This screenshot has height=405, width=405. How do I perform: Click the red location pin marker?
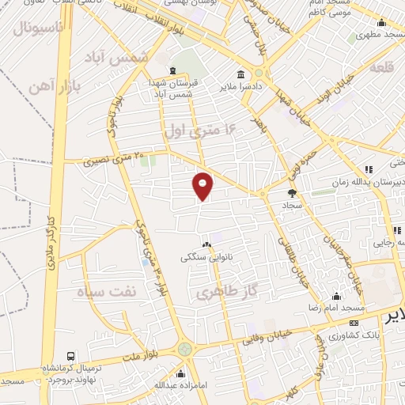pyautogui.click(x=203, y=185)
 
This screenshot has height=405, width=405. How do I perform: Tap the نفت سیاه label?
pyautogui.click(x=107, y=291)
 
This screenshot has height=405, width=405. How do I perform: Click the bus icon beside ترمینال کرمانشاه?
pyautogui.click(x=71, y=358)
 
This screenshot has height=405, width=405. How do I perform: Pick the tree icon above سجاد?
pyautogui.click(x=292, y=192)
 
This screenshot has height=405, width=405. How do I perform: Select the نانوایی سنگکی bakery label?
pyautogui.click(x=207, y=257)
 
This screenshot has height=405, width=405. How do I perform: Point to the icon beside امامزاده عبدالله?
pyautogui.click(x=181, y=373)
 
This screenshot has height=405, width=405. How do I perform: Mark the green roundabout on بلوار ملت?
pyautogui.click(x=184, y=347)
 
